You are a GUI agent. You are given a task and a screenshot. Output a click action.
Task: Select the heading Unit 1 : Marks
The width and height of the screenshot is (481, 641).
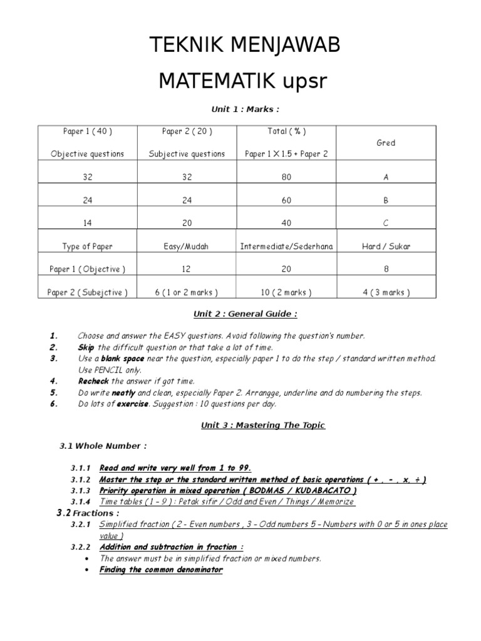pos(240,109)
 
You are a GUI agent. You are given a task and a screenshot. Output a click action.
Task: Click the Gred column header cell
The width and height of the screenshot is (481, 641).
pos(386,143)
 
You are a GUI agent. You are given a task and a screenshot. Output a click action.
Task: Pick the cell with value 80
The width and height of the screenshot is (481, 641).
pos(286,177)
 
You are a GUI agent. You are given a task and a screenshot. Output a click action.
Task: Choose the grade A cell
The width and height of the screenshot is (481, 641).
pos(386,177)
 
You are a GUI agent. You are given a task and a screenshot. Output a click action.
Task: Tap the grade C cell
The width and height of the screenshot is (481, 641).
pos(386,223)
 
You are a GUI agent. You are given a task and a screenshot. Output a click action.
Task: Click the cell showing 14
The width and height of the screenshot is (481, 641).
pos(87,223)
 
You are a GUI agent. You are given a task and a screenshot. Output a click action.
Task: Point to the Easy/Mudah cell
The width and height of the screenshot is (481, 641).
pos(187,247)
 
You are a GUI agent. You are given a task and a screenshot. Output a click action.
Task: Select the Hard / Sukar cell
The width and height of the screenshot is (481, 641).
pos(386,247)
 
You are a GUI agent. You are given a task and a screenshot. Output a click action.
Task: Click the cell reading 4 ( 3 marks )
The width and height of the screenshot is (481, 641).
pos(386,292)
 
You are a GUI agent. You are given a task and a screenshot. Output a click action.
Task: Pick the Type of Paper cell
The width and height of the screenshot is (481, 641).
pos(87,247)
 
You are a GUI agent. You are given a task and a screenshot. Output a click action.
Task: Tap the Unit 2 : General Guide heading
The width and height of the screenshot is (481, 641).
pos(240,314)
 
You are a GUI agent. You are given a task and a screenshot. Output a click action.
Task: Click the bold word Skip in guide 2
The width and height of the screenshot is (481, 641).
pos(86,347)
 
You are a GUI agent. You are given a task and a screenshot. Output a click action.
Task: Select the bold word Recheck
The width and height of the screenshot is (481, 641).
pos(93,381)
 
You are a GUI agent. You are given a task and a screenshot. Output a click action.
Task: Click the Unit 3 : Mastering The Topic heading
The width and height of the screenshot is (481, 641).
pos(262,426)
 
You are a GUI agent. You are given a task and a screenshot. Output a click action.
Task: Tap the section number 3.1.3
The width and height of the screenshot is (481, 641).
pos(81,490)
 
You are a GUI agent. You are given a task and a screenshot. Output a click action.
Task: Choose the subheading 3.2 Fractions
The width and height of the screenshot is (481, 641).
pos(87,513)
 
